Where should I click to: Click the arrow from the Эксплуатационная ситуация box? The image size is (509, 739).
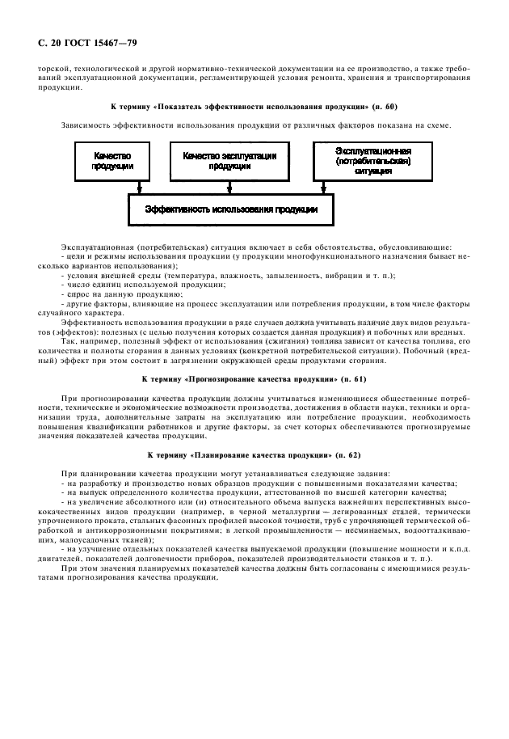(x=322, y=186)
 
